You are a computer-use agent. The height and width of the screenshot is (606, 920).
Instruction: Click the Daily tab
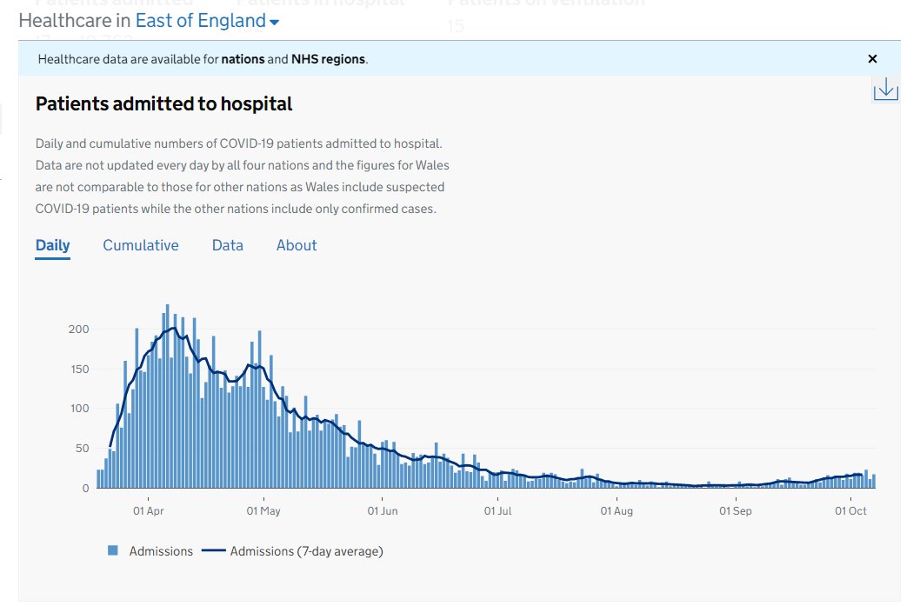(52, 245)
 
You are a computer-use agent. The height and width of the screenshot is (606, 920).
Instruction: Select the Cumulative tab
(141, 245)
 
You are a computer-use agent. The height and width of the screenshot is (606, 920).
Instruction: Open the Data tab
(227, 245)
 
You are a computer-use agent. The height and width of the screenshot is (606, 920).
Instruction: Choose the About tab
(297, 245)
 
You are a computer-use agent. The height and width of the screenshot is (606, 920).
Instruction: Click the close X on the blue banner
(872, 59)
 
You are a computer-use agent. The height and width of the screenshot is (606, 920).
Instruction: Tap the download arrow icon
(885, 89)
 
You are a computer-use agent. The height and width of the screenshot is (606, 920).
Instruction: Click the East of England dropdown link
(207, 21)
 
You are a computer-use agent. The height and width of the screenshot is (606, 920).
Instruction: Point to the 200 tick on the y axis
(79, 329)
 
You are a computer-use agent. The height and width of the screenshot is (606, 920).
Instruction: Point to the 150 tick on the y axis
(79, 369)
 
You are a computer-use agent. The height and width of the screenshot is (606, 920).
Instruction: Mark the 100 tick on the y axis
(79, 409)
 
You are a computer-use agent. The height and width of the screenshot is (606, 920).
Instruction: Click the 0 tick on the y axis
(85, 488)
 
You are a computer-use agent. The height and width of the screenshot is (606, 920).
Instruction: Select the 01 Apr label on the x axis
(149, 510)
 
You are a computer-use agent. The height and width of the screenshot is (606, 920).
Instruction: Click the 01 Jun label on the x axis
(382, 510)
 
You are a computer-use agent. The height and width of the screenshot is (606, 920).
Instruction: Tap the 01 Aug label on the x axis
(617, 510)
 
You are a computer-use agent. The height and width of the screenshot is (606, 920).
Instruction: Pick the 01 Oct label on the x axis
(850, 510)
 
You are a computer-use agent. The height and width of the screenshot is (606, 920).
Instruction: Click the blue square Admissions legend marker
(113, 550)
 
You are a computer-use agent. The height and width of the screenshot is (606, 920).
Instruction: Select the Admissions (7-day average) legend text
(306, 550)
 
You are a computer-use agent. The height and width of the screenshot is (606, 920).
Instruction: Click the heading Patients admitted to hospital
(163, 104)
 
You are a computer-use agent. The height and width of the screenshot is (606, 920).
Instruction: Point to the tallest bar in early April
(167, 396)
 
